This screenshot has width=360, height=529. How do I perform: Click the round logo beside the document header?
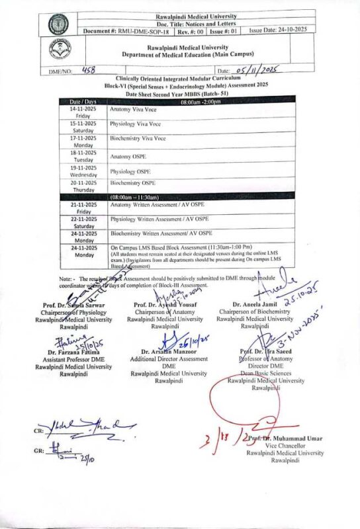point(58,24)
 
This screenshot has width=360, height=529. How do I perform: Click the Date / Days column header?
point(84,101)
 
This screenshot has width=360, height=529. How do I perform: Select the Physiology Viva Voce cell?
point(136,124)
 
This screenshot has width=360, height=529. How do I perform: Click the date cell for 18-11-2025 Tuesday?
point(84,156)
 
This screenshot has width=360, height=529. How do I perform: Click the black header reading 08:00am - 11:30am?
point(134,197)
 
